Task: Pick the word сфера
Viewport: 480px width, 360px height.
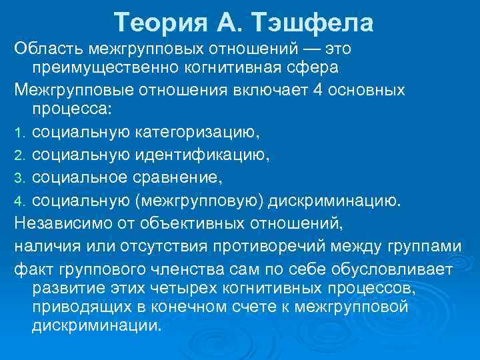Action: click(x=315, y=68)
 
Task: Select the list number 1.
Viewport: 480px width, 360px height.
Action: click(x=19, y=133)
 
